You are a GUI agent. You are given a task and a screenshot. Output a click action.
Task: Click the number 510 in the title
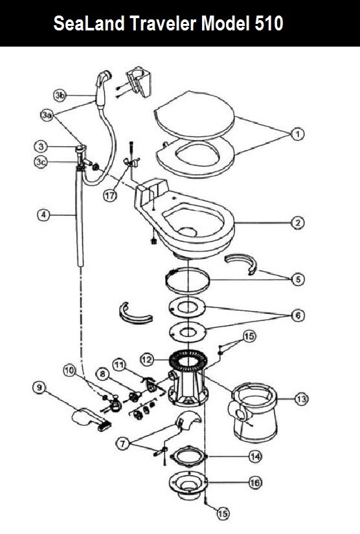coord(269,23)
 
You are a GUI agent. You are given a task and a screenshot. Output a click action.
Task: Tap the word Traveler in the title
coord(163,23)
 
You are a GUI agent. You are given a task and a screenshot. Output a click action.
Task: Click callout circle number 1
coord(297,134)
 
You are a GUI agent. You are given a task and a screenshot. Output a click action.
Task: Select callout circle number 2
coord(297,223)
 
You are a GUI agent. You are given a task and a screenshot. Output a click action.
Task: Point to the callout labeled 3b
coord(60,95)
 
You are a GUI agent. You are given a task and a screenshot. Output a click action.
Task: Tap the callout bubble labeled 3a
coord(47,115)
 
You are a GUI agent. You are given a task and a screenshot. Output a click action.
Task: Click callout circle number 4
coord(43,215)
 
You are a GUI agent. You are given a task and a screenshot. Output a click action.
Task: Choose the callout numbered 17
coord(110,196)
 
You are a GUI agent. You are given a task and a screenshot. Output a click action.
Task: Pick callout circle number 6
coord(298,315)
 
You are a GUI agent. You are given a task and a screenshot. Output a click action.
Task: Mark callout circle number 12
coord(147,360)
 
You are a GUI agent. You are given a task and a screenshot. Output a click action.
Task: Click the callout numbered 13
coord(302,399)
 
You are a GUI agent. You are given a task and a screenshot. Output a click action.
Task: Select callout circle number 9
coord(39,388)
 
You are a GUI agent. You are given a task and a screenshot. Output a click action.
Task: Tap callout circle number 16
coord(255,483)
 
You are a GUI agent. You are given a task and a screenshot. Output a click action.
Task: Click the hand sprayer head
coord(103,83)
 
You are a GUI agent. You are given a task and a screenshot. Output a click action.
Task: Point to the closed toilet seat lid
coord(194,114)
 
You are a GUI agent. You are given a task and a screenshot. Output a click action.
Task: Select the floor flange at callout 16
coord(188,485)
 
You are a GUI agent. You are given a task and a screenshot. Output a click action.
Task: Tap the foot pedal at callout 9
coord(90,419)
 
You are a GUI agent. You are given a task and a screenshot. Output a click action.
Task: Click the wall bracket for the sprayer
coord(139,81)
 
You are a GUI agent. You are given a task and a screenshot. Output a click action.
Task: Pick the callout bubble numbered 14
coord(255,456)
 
